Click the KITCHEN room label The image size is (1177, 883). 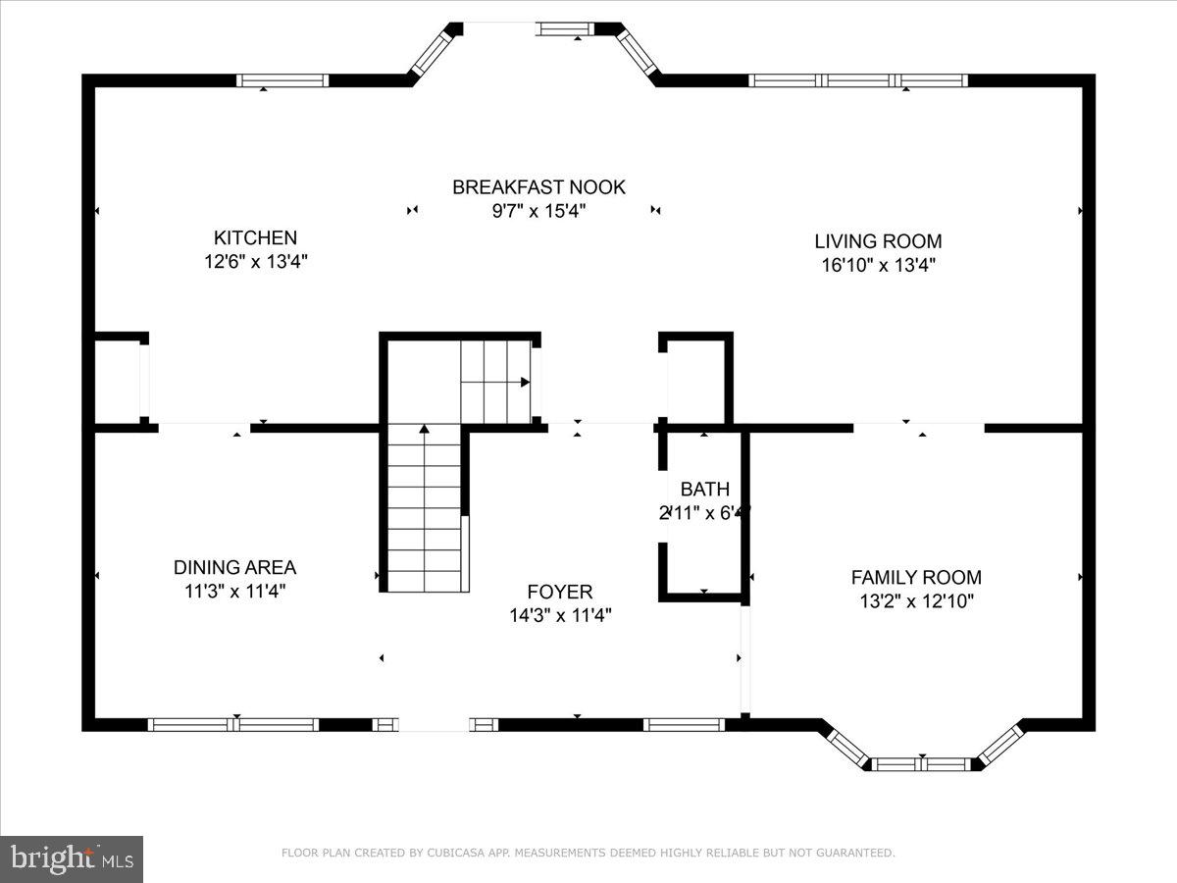(x=255, y=237)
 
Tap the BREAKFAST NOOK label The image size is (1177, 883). (x=538, y=186)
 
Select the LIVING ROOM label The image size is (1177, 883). (x=878, y=240)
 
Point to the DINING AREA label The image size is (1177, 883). (x=234, y=567)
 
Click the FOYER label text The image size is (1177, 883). (x=559, y=592)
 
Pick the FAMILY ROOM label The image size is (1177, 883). (x=915, y=578)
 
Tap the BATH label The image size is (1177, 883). (x=704, y=489)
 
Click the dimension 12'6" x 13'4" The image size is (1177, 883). (x=255, y=262)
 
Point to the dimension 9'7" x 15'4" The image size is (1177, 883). (x=538, y=211)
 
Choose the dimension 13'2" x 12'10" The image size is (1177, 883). (x=915, y=601)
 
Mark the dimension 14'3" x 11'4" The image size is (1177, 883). (x=559, y=616)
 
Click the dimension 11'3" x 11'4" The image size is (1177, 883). (x=234, y=591)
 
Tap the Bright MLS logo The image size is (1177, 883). (x=72, y=859)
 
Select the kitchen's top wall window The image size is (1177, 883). (x=283, y=80)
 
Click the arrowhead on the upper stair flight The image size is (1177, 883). (x=526, y=382)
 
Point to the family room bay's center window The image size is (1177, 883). (x=922, y=763)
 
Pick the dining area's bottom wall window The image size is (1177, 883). (x=233, y=725)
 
